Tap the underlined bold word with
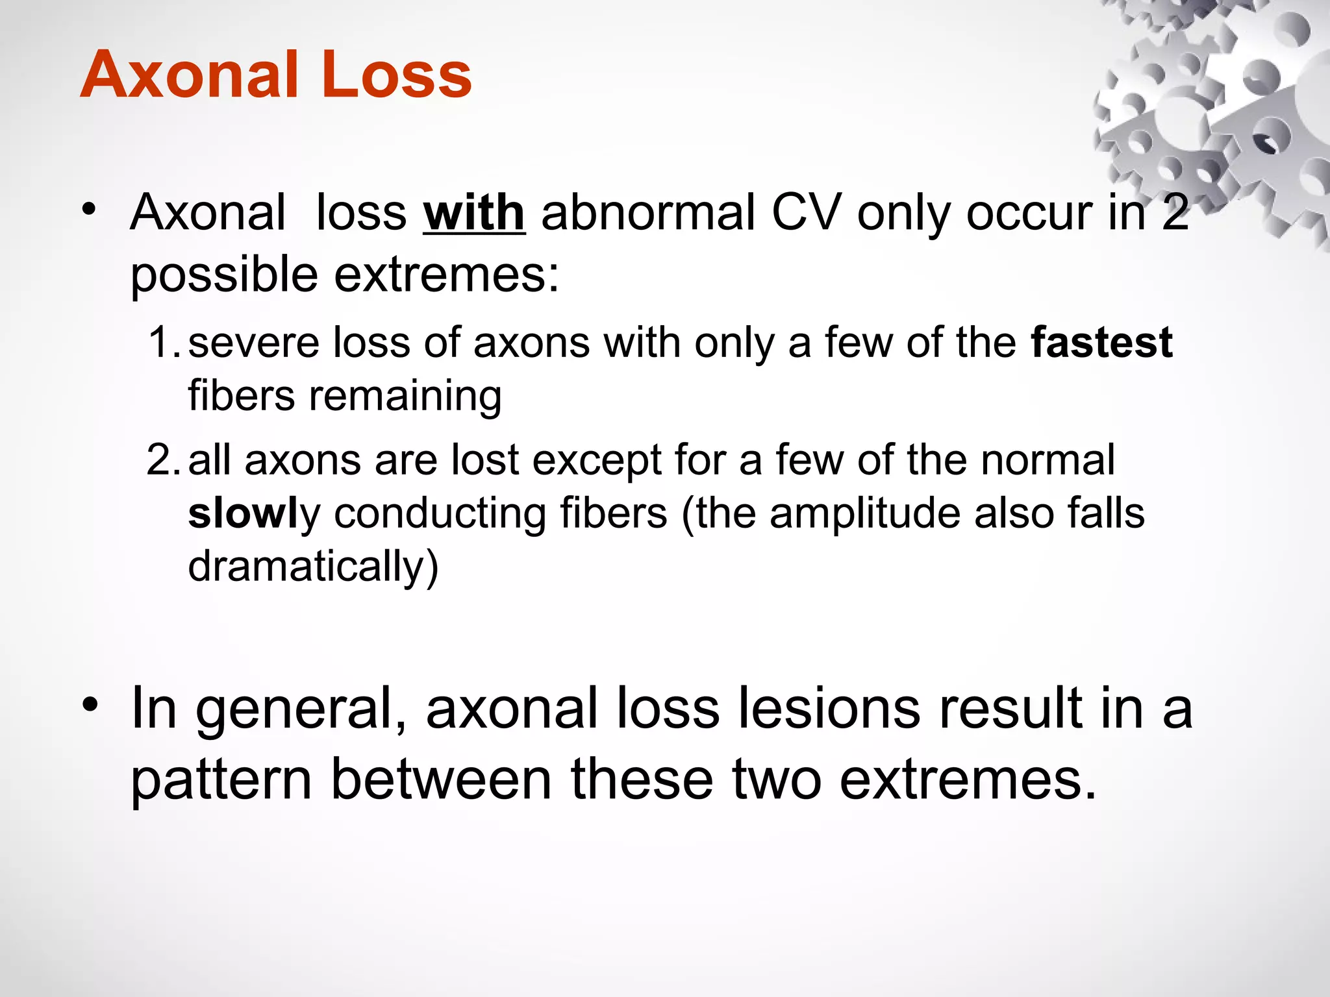474,213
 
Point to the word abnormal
648,213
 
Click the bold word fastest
1101,343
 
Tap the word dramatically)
313,567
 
